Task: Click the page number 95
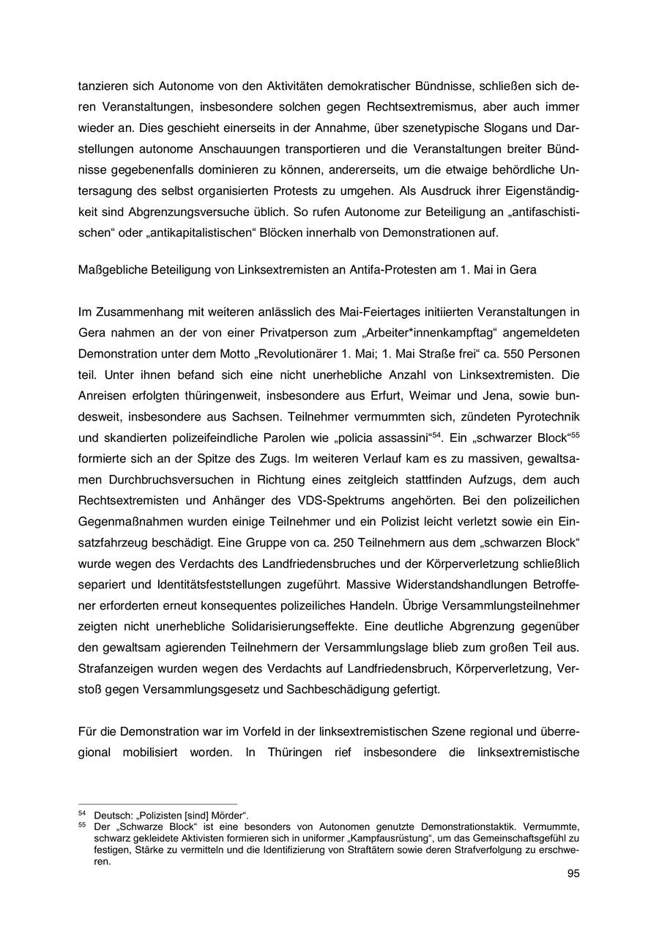coord(573,873)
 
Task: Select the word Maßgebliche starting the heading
coord(111,270)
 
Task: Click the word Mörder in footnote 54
coord(230,815)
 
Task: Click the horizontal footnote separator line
coord(157,804)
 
